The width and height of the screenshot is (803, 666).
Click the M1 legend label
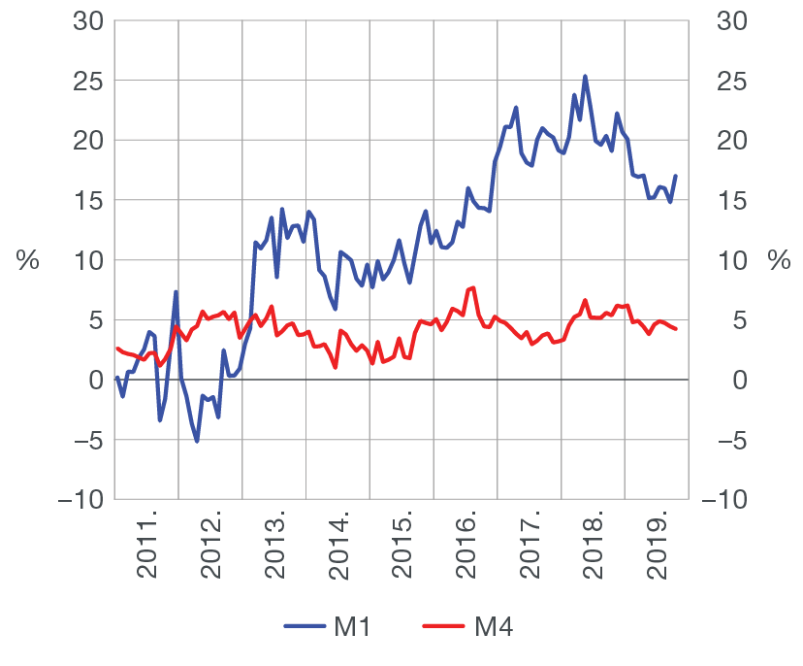tap(353, 627)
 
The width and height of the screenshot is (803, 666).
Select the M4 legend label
tap(494, 627)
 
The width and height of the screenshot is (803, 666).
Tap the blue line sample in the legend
tap(305, 627)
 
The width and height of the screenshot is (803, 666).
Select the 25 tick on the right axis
tap(727, 82)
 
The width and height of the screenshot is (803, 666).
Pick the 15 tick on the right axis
tap(727, 201)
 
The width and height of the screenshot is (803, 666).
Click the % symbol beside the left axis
tap(28, 260)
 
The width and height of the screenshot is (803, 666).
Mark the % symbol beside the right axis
tap(779, 260)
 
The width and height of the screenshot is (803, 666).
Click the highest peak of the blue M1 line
tap(585, 76)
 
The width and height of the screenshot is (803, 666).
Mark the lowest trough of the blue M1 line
tap(197, 442)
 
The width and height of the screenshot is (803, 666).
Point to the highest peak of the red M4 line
tap(472, 287)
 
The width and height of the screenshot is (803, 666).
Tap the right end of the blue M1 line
tap(675, 176)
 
